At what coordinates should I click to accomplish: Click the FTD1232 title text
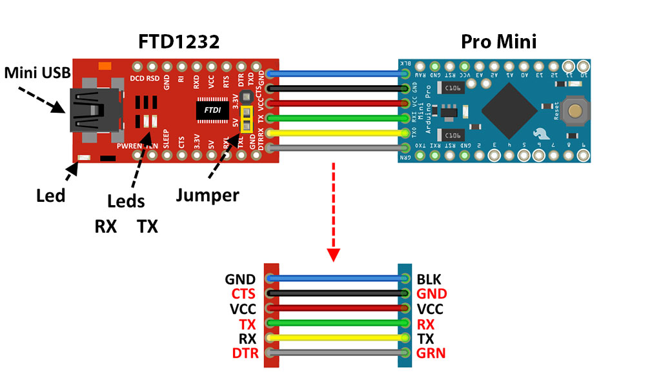tap(179, 42)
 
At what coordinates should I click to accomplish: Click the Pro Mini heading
tap(498, 42)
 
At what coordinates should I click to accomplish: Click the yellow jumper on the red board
tap(246, 119)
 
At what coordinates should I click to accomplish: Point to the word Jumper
tap(207, 195)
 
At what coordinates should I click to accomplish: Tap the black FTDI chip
tap(211, 110)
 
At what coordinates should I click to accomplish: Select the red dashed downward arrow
tap(333, 213)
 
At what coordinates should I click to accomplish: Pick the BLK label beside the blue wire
tap(429, 280)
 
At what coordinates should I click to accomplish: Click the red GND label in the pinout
tap(432, 294)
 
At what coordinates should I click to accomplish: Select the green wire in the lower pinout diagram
tap(338, 323)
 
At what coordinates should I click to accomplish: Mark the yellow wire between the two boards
tap(338, 133)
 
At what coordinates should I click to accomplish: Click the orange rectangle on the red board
tap(103, 64)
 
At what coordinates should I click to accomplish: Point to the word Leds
tap(126, 202)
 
